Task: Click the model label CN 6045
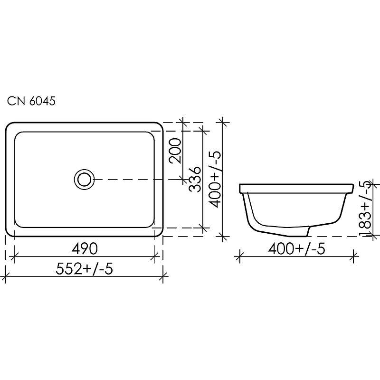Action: pyautogui.click(x=31, y=101)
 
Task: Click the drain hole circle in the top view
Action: pyautogui.click(x=85, y=179)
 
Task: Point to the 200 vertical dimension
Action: pyautogui.click(x=175, y=150)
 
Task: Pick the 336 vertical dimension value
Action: pyautogui.click(x=195, y=179)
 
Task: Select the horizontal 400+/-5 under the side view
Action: pyautogui.click(x=297, y=248)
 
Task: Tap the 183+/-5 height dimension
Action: pyautogui.click(x=366, y=209)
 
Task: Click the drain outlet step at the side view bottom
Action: pyautogui.click(x=309, y=231)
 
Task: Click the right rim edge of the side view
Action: pyautogui.click(x=353, y=189)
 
